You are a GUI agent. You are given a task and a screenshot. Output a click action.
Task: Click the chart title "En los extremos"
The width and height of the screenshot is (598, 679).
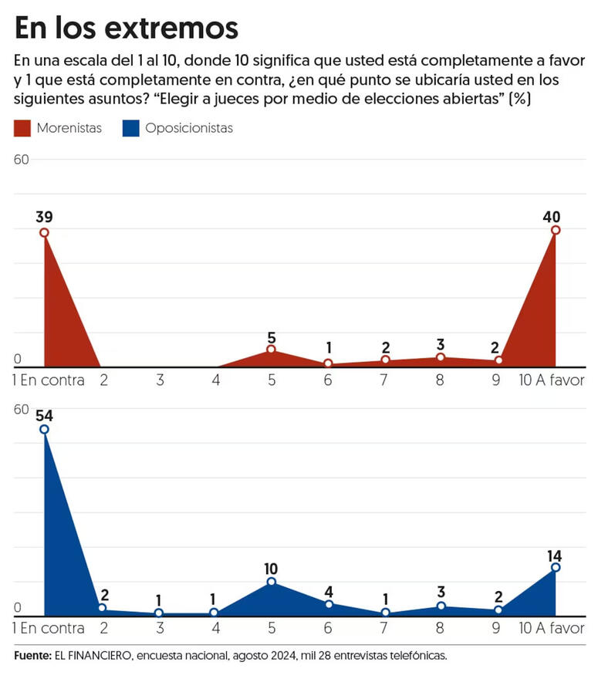(x=127, y=28)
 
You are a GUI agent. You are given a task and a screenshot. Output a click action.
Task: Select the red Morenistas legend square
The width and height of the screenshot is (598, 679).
(x=22, y=128)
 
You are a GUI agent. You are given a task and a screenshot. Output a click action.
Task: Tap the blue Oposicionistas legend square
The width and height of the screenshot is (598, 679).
(x=130, y=128)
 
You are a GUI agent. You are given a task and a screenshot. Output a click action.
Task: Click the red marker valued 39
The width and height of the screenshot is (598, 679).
(x=44, y=232)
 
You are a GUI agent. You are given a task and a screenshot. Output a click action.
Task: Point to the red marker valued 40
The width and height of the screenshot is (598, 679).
(x=555, y=230)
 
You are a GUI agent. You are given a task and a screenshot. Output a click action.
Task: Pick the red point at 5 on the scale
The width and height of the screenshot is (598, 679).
(x=271, y=350)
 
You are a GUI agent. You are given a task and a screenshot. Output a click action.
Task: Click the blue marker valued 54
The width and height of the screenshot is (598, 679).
(x=44, y=429)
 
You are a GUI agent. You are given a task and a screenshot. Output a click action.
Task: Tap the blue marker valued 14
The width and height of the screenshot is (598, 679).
(x=555, y=567)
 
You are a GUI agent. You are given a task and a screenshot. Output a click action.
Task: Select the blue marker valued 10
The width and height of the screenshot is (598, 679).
(x=271, y=581)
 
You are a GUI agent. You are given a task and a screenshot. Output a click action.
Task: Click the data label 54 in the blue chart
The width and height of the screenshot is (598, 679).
(x=44, y=414)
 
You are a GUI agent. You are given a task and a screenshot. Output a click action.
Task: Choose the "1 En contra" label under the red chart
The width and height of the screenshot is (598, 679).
(x=49, y=380)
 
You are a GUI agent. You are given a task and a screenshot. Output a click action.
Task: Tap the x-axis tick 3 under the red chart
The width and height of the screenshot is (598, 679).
(x=160, y=380)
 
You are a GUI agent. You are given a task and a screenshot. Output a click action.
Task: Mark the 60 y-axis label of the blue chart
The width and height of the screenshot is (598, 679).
(x=21, y=409)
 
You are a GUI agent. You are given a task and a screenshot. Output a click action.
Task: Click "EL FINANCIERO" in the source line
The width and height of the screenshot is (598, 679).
(x=85, y=655)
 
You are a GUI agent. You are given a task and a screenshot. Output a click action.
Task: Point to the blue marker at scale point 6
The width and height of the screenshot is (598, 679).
(x=328, y=604)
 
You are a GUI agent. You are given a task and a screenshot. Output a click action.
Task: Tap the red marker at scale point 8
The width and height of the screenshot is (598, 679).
(x=441, y=356)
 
